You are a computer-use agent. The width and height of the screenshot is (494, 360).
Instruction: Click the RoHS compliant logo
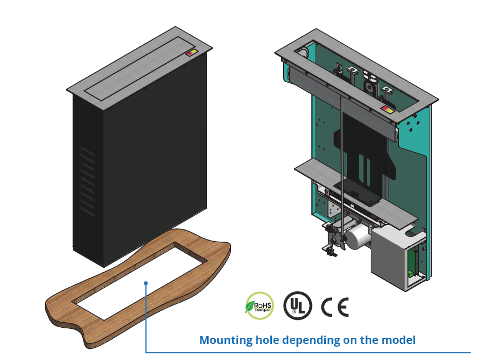tap(259, 306)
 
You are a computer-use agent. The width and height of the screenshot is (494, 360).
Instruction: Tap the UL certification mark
tap(298, 305)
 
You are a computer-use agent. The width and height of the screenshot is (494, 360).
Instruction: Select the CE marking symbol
tap(335, 307)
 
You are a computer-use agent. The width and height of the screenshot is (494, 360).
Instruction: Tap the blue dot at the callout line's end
tap(146, 283)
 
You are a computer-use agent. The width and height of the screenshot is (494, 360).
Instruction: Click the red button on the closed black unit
tap(189, 54)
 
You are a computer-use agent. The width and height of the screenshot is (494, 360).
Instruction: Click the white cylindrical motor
tap(359, 234)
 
